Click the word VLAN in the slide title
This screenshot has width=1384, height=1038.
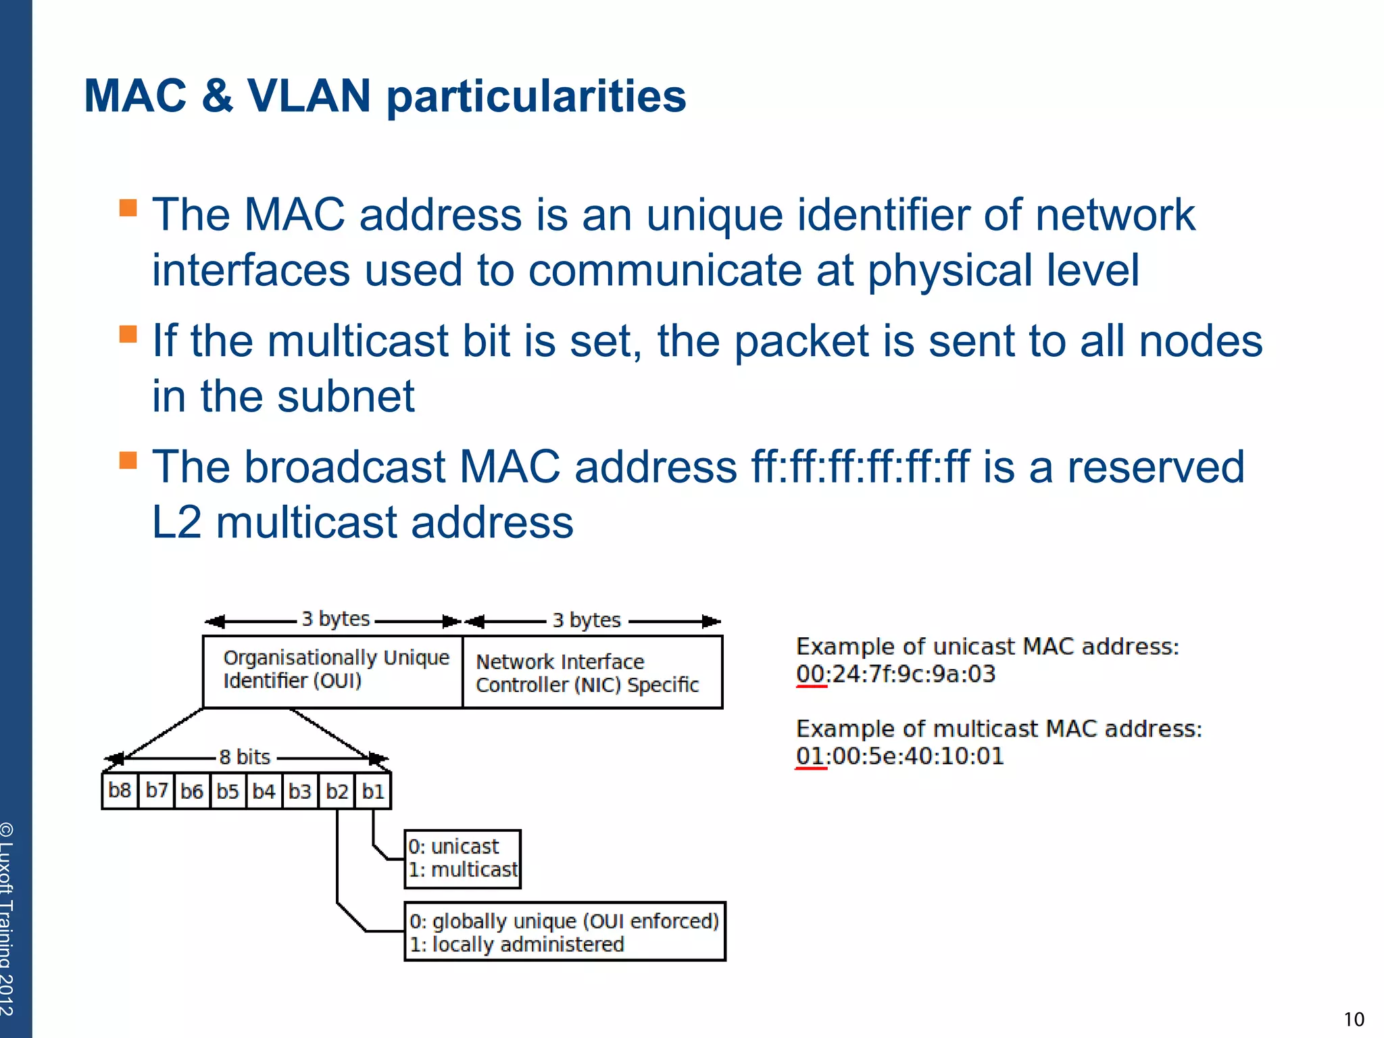pos(309,96)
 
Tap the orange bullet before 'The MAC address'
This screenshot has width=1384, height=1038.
pos(128,207)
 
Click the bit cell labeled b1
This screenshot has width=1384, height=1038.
pos(373,791)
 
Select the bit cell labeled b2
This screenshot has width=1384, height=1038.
pos(337,791)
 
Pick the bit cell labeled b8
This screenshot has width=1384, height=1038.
pos(120,791)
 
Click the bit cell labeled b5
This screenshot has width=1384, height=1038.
pos(228,791)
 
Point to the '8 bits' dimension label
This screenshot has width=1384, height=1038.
pos(245,757)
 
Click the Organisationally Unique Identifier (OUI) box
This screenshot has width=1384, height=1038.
pos(332,671)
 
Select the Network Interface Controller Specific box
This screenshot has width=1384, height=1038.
pos(592,672)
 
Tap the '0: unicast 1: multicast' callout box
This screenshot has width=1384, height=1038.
pos(463,858)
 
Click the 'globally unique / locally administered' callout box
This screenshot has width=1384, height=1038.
pos(564,931)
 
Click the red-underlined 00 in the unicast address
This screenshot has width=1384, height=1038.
pos(810,674)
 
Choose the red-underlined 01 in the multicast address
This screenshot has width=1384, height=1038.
pos(810,756)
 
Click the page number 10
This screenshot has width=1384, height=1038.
pos(1354,1019)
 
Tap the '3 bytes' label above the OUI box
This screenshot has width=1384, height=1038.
pos(336,619)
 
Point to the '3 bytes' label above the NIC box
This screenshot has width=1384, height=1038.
pos(587,620)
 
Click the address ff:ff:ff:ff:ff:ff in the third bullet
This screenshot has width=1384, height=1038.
pos(860,467)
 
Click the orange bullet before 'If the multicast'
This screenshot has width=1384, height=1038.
pos(128,334)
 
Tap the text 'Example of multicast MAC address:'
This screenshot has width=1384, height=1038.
pos(999,729)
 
